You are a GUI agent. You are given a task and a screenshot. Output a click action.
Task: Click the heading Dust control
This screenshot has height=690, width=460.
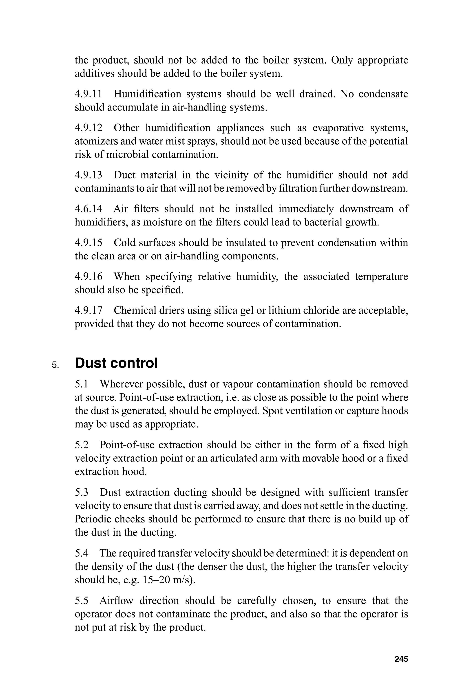(116, 363)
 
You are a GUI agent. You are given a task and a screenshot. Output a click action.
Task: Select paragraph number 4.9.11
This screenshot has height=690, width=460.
(88, 94)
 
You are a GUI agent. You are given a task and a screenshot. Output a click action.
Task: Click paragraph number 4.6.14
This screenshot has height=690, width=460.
(88, 209)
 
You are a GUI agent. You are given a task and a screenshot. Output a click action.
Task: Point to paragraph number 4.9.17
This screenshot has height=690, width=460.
(88, 310)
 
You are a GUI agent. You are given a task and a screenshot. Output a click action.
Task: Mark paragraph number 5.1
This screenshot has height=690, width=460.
(82, 384)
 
